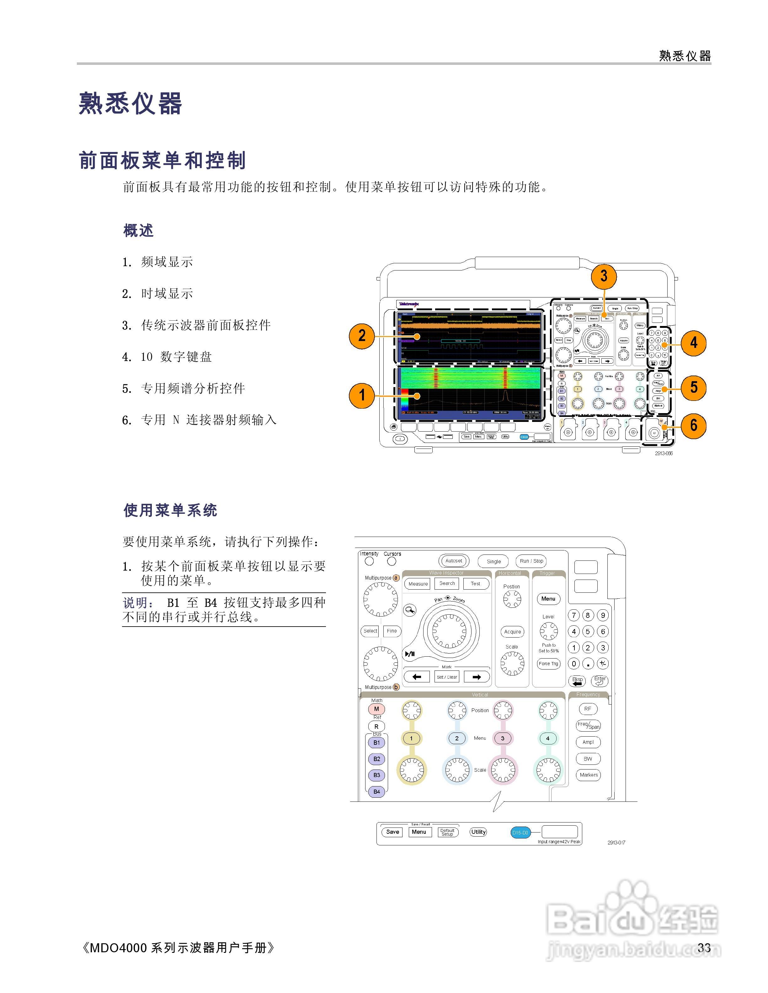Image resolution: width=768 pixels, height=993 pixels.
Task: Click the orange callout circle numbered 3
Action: tap(603, 276)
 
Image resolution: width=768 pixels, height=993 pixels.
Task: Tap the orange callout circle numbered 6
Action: tap(693, 426)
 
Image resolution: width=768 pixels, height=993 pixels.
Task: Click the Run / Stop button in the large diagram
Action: tap(531, 561)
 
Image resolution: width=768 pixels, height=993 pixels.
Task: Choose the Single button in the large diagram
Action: tap(494, 561)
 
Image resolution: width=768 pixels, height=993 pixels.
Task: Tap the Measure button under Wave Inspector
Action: tap(418, 584)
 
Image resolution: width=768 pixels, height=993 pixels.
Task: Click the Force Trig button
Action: tap(548, 664)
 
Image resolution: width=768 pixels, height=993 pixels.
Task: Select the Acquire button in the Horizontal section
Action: tap(512, 632)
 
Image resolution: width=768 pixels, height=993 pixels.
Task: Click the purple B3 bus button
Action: tap(377, 775)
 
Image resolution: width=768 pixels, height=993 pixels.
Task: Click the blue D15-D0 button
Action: tap(520, 833)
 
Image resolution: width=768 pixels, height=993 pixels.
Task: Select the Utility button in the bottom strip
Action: tap(478, 832)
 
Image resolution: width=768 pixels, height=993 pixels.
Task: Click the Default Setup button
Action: tap(447, 833)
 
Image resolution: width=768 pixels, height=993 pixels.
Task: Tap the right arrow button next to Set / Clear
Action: tap(476, 677)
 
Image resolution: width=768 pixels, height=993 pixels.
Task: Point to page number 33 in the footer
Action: tap(704, 948)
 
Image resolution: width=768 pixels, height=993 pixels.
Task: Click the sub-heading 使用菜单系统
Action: tap(170, 510)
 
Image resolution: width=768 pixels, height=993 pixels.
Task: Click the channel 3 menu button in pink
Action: tap(502, 738)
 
